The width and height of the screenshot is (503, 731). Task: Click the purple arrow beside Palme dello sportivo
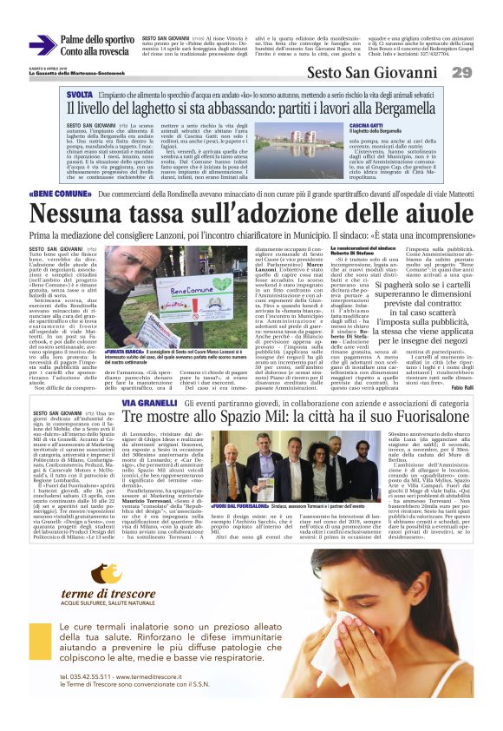(42, 44)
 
